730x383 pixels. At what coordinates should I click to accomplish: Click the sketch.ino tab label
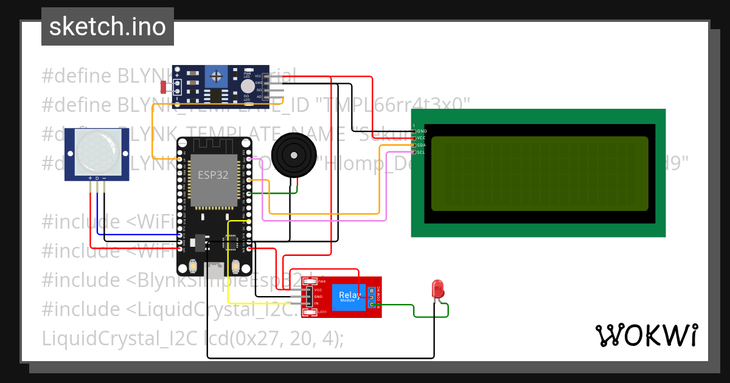107,27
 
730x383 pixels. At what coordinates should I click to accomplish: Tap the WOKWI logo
646,335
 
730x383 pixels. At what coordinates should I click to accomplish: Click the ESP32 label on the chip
212,174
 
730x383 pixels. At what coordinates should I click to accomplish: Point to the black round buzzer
294,156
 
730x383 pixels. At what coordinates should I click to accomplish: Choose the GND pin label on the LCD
422,131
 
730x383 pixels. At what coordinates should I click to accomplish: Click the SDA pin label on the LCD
422,145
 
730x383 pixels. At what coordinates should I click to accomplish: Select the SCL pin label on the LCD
422,152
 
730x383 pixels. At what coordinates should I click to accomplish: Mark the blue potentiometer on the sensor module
215,77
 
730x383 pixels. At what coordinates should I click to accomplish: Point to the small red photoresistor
163,87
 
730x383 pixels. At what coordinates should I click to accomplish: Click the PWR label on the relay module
322,282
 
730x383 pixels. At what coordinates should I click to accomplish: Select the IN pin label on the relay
316,303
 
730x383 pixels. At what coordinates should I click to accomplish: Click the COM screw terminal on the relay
371,298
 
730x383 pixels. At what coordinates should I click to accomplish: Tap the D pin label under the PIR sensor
97,179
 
